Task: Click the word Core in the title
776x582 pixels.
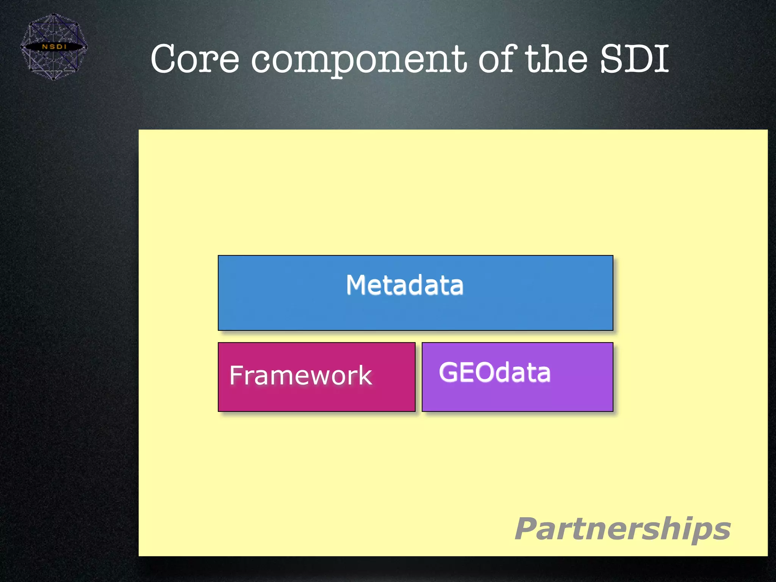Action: click(195, 59)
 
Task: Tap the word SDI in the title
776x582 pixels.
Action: click(634, 59)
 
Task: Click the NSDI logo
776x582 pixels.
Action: click(54, 47)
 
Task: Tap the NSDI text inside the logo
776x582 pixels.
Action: click(54, 47)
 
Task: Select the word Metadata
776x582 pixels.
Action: click(404, 285)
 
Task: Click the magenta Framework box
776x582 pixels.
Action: click(316, 398)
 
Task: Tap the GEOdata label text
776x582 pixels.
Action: click(494, 372)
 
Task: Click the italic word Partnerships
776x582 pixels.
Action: click(623, 529)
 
